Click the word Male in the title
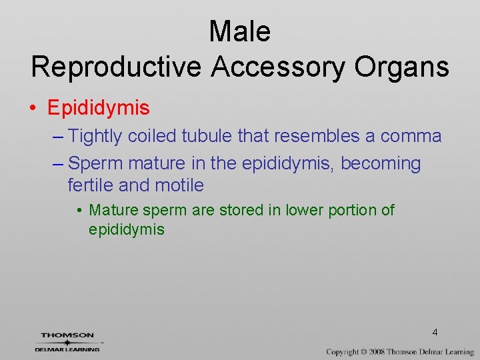(240, 31)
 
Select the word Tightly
(95, 137)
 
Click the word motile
(178, 184)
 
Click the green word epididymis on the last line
(127, 230)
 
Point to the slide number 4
(435, 332)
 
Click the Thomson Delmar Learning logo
(67, 342)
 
